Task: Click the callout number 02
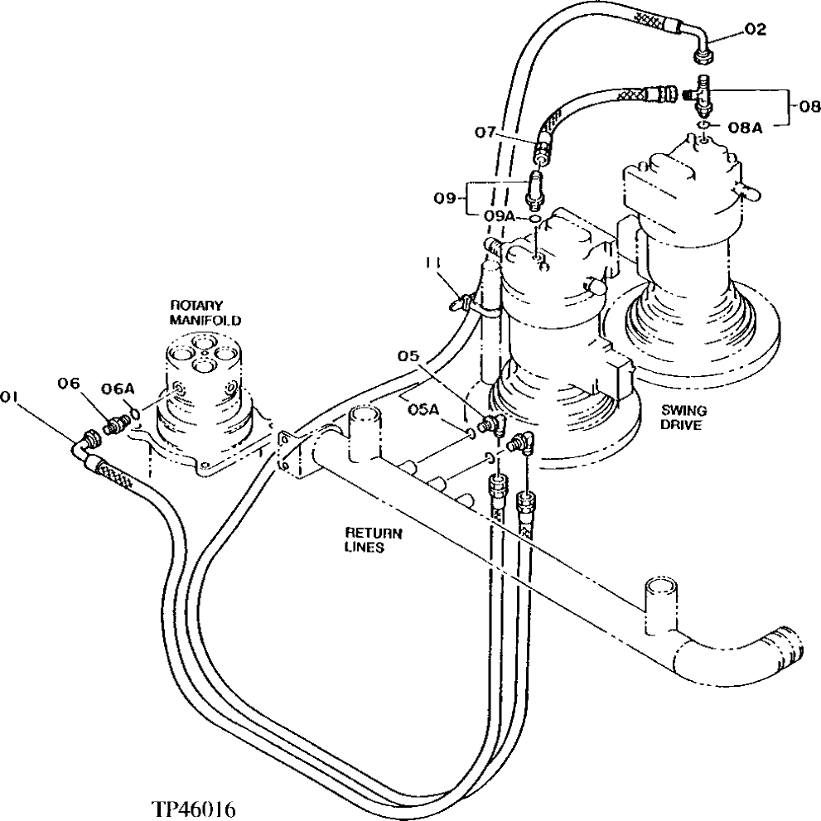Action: [x=755, y=30]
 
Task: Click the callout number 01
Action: [x=10, y=396]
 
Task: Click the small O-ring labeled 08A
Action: [x=701, y=126]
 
